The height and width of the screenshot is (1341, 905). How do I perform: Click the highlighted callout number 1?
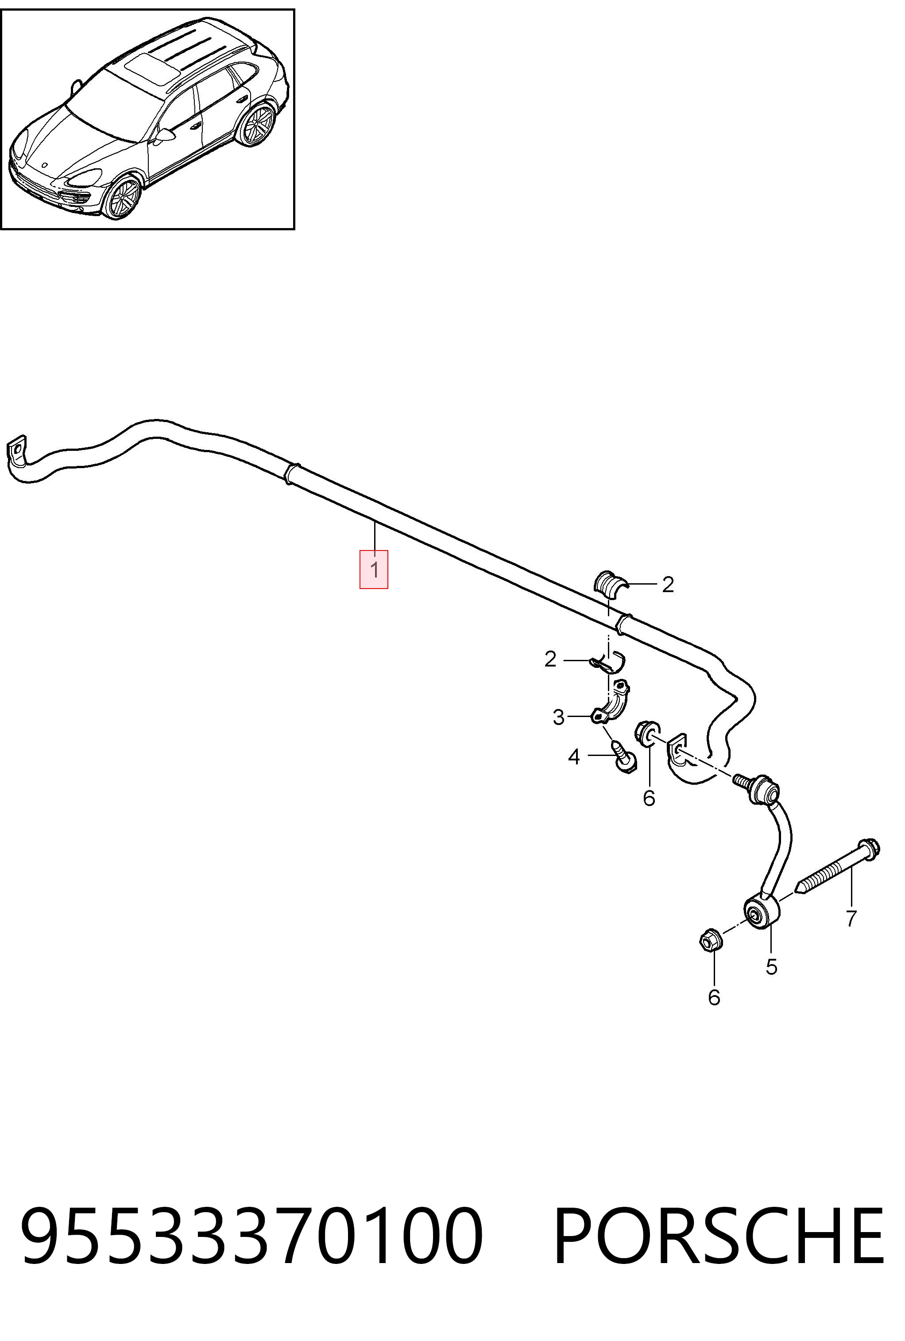pos(374,570)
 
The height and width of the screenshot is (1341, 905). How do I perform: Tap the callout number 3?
pos(558,717)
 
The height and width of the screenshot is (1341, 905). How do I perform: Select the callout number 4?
pos(573,756)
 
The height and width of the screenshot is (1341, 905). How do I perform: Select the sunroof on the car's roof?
pos(153,66)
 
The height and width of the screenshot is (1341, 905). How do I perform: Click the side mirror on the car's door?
pos(165,135)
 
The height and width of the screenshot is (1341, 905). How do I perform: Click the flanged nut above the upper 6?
pos(647,732)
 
